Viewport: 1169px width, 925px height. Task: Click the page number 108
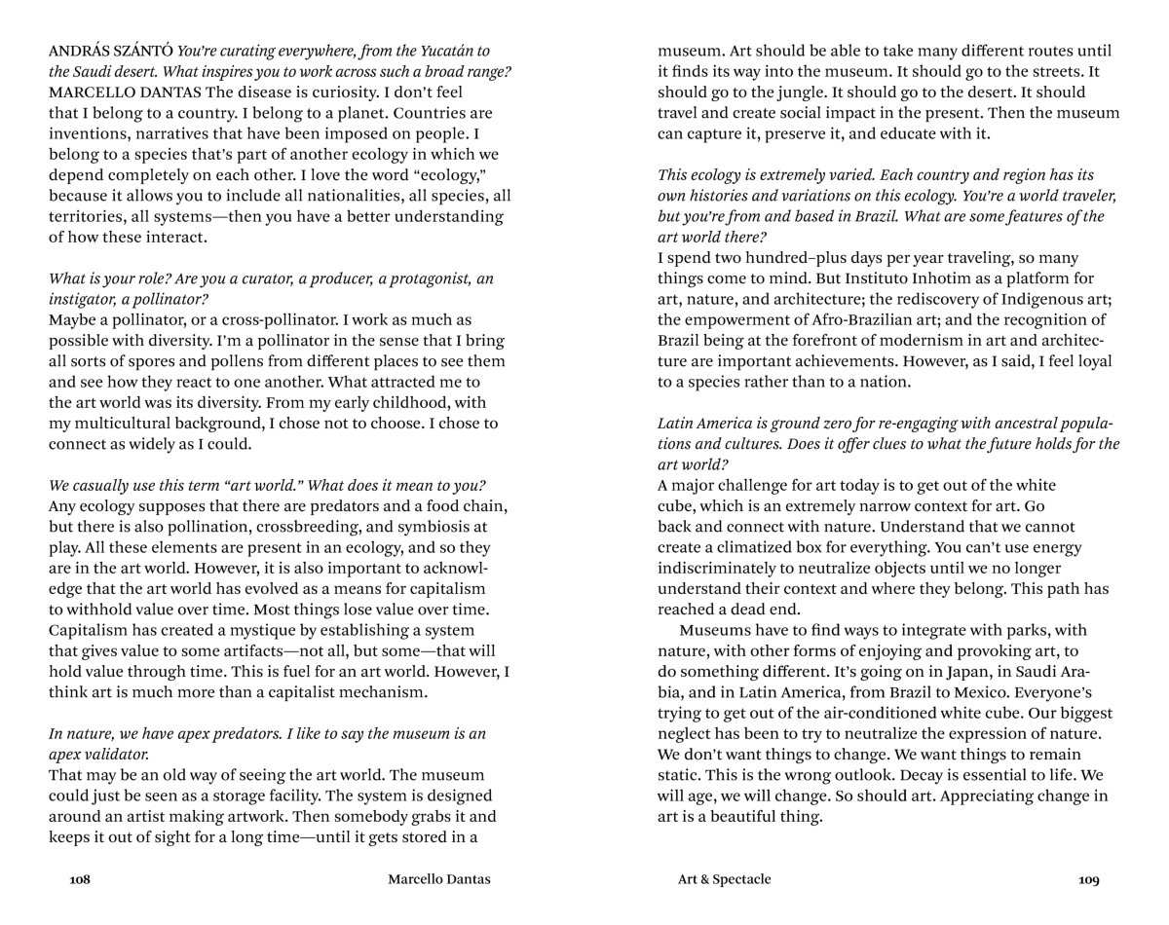click(x=80, y=880)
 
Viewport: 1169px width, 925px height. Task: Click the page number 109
click(x=1089, y=880)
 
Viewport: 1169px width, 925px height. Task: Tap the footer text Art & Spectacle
click(x=724, y=880)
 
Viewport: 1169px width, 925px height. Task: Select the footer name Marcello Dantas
click(x=439, y=880)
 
